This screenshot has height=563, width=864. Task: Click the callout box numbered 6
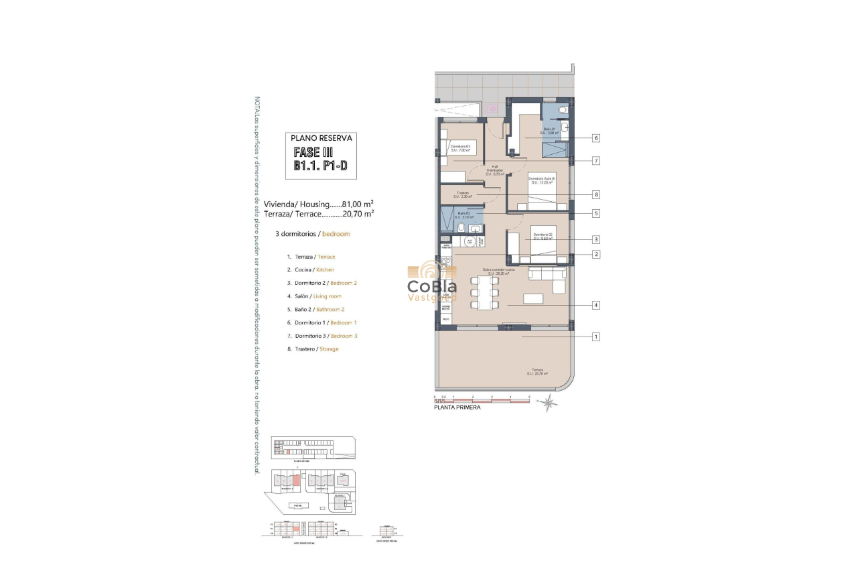tap(595, 138)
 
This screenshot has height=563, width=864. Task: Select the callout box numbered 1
tap(595, 337)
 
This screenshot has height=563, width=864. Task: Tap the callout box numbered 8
tap(595, 195)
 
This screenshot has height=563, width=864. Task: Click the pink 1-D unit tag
tap(490, 109)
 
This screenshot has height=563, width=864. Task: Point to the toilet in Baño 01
tap(563, 110)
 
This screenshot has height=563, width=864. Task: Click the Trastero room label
tap(463, 194)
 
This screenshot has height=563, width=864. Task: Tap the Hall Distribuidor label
tap(495, 170)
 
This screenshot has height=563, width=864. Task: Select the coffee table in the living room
tap(533, 299)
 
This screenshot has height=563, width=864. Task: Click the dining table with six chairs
tap(485, 299)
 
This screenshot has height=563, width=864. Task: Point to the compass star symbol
tap(549, 403)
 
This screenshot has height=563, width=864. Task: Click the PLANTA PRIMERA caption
tap(457, 407)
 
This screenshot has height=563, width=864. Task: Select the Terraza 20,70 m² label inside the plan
tap(538, 371)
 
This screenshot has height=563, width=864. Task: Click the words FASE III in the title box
tap(313, 153)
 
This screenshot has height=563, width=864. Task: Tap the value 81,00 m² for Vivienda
tap(358, 204)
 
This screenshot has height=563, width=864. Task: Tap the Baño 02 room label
tap(463, 215)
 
